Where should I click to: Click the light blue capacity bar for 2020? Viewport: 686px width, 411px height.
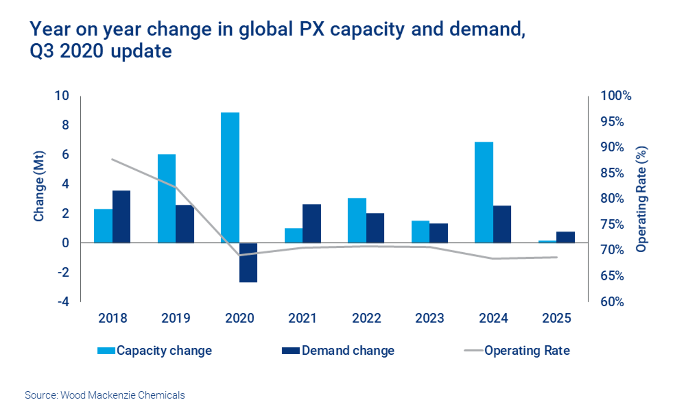230,177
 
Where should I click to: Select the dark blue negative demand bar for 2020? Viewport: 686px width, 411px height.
248,263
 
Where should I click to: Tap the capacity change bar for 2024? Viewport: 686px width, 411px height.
484,192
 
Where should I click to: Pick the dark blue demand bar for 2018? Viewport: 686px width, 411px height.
122,217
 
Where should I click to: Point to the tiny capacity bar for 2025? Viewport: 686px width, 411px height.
547,241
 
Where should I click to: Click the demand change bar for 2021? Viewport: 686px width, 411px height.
312,223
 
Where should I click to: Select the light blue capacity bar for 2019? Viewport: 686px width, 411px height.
167,198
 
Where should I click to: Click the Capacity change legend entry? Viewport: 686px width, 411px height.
155,350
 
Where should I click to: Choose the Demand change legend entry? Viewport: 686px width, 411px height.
338,350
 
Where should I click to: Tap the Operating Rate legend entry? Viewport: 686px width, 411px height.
518,350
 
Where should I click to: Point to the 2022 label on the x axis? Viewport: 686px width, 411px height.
366,318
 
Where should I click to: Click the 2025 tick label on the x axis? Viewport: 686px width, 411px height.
556,318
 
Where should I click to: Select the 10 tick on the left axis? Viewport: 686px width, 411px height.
62,96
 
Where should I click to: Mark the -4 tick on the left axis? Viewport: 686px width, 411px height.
63,302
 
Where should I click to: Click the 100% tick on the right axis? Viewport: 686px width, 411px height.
615,96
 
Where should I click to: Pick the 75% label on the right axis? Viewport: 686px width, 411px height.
612,224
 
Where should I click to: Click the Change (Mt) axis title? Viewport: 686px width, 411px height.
39,186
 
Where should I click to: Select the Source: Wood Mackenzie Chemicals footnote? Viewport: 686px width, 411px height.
105,395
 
